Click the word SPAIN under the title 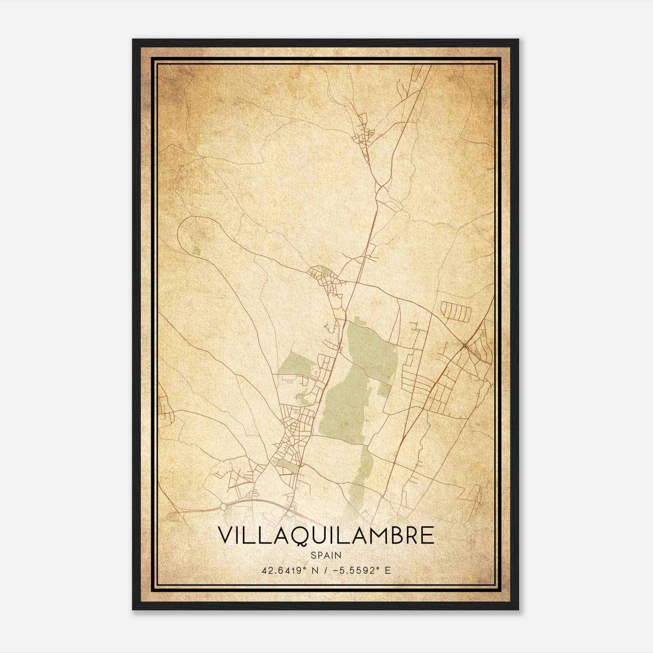pos(326,555)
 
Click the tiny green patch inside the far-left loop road pos(197,250)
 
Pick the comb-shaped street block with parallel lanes pos(456,311)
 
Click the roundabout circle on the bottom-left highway pos(223,506)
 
